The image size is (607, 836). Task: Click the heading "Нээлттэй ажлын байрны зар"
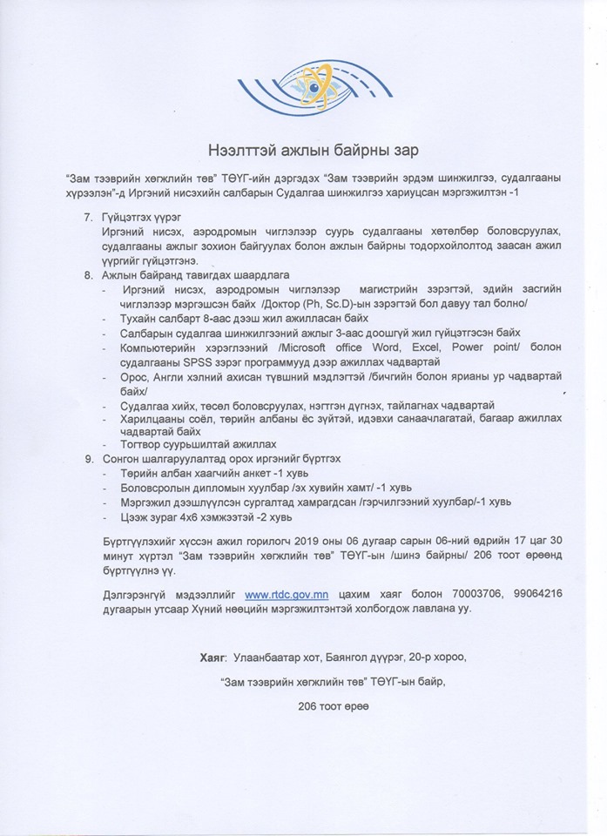click(x=304, y=149)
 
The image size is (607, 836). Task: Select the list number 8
click(x=87, y=274)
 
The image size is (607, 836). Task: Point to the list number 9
click(x=87, y=457)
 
